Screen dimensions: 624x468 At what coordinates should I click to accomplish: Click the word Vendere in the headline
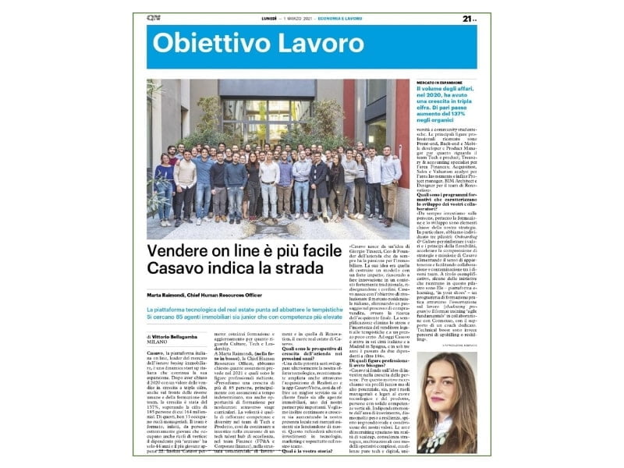click(183, 230)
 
